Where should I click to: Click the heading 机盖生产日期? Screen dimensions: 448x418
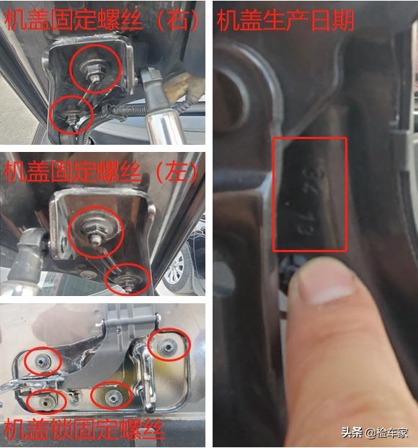pyautogui.click(x=285, y=19)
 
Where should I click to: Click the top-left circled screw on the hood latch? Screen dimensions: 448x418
pyautogui.click(x=43, y=361)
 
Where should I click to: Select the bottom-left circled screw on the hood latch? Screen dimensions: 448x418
pyautogui.click(x=45, y=400)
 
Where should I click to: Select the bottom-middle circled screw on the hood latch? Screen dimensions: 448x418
pyautogui.click(x=112, y=395)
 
